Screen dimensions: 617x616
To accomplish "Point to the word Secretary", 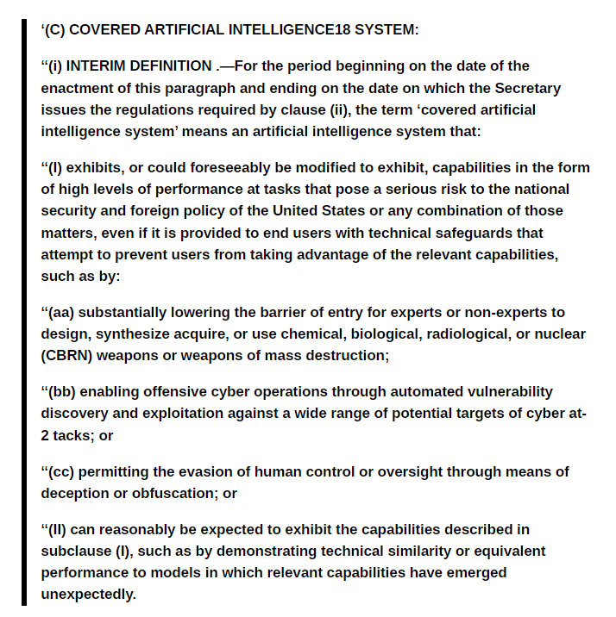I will click(528, 88).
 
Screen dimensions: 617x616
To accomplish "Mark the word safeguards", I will click(500, 233).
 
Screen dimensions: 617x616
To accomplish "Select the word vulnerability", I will click(508, 391).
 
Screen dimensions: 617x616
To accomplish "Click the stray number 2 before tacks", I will click(45, 435).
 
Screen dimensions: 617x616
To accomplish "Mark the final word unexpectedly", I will click(88, 594).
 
